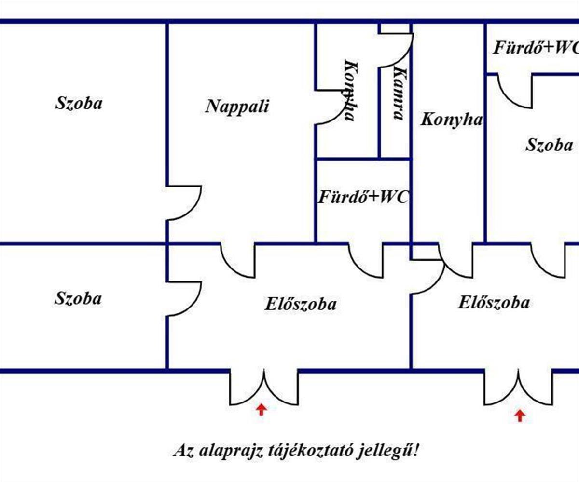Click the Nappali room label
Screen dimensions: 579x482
pos(237,107)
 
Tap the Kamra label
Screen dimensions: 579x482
pos(400,94)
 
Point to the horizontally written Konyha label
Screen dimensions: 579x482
pos(452,120)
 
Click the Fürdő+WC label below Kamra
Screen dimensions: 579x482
pos(363,197)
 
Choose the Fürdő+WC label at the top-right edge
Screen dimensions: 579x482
pos(536,48)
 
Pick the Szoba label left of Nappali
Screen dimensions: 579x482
pos(79,103)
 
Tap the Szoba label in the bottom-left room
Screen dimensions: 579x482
pos(78,298)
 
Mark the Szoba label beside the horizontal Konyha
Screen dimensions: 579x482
pos(549,145)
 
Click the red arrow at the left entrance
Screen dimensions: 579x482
pos(261,410)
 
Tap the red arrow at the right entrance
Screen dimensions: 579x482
pos(520,416)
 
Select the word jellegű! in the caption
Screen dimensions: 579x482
pos(388,451)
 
